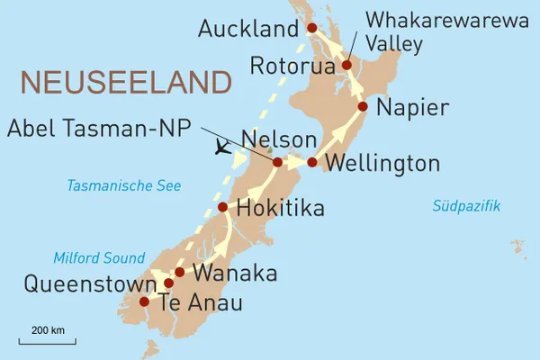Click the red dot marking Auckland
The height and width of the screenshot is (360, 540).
pos(312,28)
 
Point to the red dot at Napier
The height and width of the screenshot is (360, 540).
pos(363,106)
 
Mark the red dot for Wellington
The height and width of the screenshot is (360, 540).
pos(312,163)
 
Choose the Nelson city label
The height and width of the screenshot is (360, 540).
pos(280,140)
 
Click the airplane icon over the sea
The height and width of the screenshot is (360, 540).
pos(217,148)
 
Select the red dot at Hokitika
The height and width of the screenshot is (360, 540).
pos(223,208)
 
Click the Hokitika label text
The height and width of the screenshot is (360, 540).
pos(280,210)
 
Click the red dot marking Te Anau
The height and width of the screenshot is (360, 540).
pos(144,302)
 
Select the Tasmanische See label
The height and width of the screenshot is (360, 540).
pos(123,186)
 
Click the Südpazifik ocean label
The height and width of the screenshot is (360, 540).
pos(466,207)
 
